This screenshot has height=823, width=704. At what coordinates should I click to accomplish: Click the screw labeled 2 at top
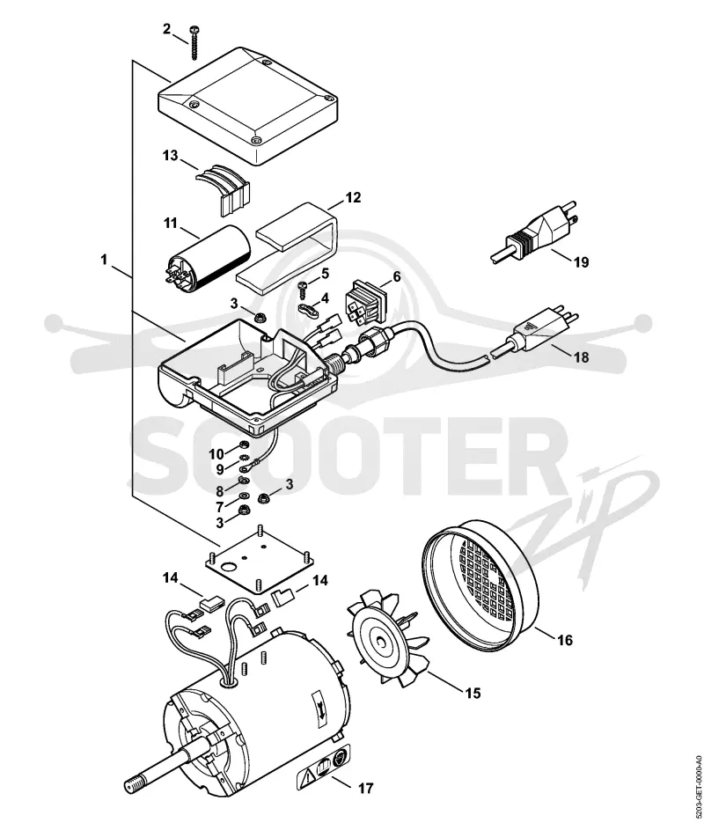194,42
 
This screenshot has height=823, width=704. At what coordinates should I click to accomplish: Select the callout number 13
170,156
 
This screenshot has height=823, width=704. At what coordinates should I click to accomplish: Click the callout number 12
353,197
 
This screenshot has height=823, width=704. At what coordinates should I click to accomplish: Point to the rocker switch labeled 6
364,304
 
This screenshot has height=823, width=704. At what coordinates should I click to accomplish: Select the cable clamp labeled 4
308,309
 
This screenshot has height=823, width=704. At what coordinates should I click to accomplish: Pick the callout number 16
565,640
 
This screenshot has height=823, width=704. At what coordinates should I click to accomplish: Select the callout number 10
216,453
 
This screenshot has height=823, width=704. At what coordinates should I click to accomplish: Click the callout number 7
219,507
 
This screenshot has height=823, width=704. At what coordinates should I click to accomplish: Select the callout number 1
104,260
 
